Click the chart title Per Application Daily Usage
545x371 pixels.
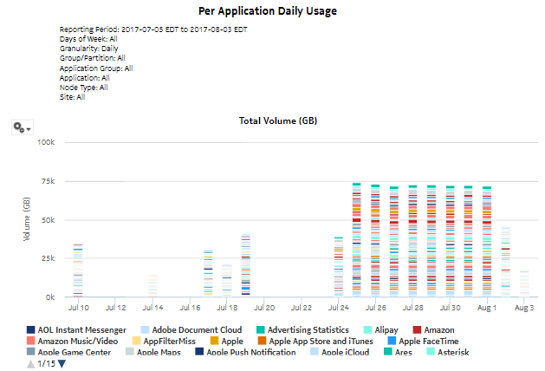[273, 12]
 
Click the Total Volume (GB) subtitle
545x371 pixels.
[277, 120]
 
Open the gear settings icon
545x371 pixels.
[22, 127]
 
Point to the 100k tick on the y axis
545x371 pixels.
[45, 142]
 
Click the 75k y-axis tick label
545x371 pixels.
[48, 181]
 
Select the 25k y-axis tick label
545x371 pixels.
[48, 258]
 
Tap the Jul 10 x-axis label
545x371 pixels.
[78, 308]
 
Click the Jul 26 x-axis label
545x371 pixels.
[375, 308]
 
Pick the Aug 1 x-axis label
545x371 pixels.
[487, 308]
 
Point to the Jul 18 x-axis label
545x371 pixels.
[227, 308]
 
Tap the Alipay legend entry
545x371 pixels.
[380, 330]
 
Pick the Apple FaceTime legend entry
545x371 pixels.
[428, 342]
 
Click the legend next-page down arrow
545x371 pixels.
[62, 364]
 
